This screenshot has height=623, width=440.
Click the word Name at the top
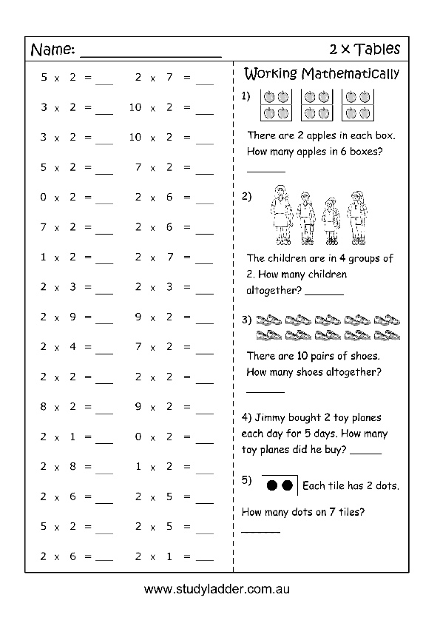51,50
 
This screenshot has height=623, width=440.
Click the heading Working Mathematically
321,73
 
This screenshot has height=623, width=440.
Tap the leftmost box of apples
275,104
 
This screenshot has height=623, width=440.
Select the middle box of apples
316,104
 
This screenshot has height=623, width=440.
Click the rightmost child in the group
358,217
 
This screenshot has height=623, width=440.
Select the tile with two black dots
280,485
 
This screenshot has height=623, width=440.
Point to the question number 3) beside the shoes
247,320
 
